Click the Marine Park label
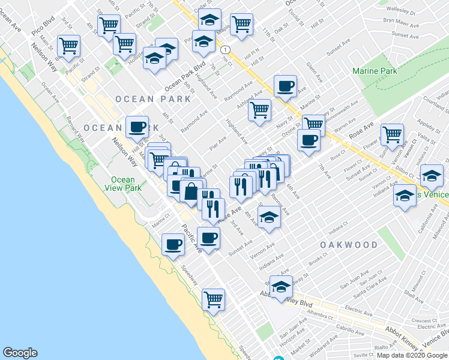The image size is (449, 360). pos(375,71)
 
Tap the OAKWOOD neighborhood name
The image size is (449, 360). pos(349,245)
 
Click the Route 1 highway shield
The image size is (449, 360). pos(224,49)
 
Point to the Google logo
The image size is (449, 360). pos(20,353)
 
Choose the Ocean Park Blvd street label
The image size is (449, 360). pos(191,75)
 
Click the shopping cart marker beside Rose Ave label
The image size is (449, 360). pos(392,134)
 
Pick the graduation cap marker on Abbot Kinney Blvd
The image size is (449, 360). pos(281,286)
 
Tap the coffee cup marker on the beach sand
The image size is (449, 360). pos(173,244)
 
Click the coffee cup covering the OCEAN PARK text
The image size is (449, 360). pos(137,127)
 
